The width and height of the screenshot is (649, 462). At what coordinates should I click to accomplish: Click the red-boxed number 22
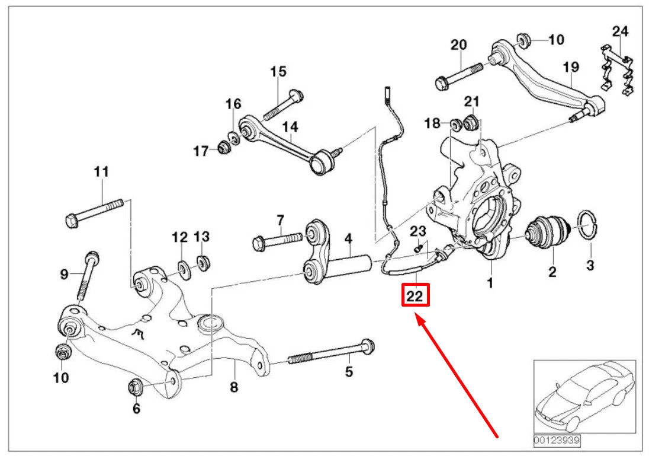pyautogui.click(x=415, y=294)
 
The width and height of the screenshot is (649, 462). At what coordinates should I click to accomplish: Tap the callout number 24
pyautogui.click(x=620, y=31)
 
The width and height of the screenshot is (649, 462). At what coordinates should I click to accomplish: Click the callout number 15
pyautogui.click(x=278, y=72)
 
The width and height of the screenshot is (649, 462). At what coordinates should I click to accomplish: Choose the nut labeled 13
pyautogui.click(x=204, y=262)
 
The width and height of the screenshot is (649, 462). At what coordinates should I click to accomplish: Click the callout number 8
pyautogui.click(x=234, y=387)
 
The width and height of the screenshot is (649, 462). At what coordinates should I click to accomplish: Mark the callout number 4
pyautogui.click(x=349, y=239)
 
